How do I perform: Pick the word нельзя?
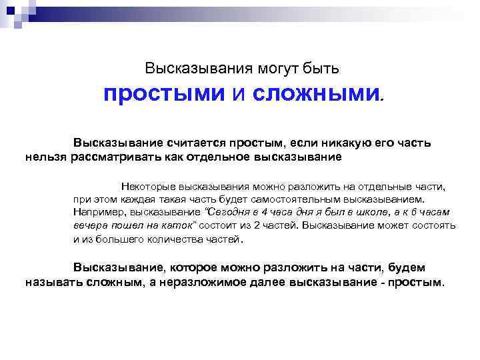46,157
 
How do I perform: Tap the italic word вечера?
89,225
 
